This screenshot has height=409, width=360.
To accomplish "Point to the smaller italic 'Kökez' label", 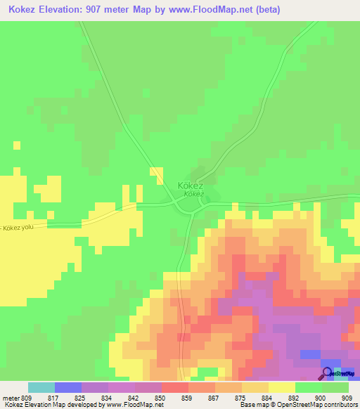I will click(x=194, y=193).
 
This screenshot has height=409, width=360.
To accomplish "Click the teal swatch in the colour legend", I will click(x=41, y=387).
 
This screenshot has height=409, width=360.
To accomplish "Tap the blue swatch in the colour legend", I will click(x=68, y=387).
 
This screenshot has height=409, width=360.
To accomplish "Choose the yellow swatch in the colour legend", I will click(x=282, y=387).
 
